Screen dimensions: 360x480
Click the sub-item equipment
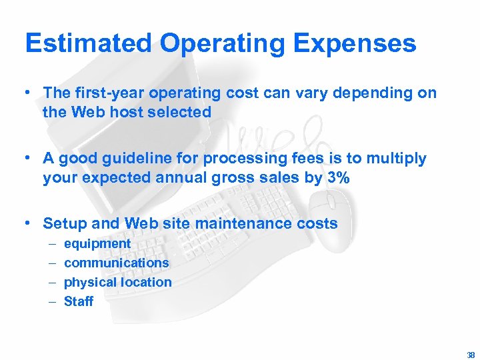(97, 244)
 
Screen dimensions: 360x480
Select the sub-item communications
(117, 263)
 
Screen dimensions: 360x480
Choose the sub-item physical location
(118, 282)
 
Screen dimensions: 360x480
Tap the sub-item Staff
(79, 301)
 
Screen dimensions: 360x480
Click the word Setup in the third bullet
(63, 223)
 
